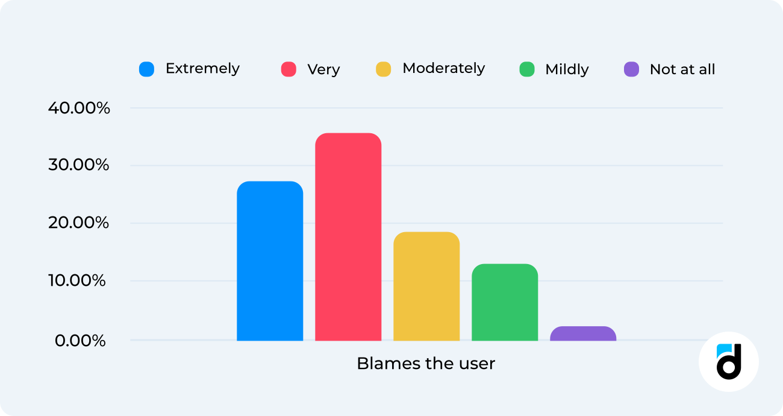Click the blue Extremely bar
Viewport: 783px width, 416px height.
(x=270, y=261)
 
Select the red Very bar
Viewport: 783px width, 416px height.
(x=348, y=237)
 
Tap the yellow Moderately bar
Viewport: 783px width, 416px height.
(x=426, y=286)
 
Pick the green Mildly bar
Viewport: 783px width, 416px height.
(x=505, y=302)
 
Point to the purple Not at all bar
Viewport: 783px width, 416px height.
(x=583, y=334)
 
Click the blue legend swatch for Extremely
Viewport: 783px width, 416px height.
(x=146, y=69)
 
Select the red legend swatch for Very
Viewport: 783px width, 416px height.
(x=289, y=69)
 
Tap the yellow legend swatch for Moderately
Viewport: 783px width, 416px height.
(x=383, y=69)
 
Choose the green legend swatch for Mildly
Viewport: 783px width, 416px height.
(x=527, y=69)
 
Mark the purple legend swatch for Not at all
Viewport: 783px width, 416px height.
(x=631, y=69)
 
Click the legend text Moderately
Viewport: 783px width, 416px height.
(x=443, y=69)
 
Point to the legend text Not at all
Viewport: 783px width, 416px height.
(x=682, y=69)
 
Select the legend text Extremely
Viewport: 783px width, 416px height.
(x=202, y=69)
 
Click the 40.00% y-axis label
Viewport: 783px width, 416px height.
(x=79, y=109)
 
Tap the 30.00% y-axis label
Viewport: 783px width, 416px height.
(x=79, y=165)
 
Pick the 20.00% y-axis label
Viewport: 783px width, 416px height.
(x=79, y=223)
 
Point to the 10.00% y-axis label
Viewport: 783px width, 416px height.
(x=79, y=281)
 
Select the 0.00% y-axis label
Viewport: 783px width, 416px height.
(x=80, y=341)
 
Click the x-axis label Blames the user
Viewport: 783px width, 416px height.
(x=426, y=364)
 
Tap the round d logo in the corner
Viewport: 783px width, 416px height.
(x=728, y=362)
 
